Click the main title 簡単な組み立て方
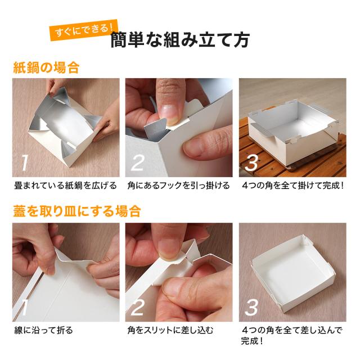tap(180, 40)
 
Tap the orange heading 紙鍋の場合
tap(46, 69)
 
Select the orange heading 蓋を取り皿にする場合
tap(76, 211)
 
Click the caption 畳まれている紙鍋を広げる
tap(65, 186)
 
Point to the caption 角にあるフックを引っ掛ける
tap(179, 186)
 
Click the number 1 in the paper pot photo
tap(24, 163)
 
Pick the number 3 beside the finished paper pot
tap(252, 163)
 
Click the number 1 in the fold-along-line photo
tap(24, 307)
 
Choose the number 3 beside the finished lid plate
tap(252, 307)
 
